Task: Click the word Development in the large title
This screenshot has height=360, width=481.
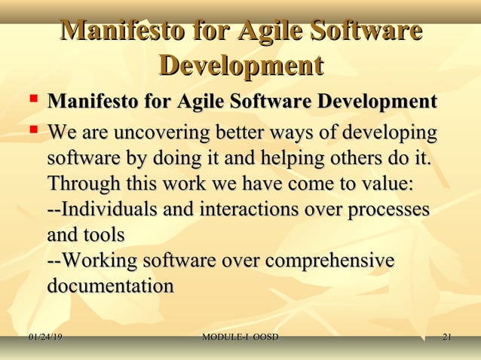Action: (x=241, y=66)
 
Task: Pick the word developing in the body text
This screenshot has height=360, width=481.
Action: (x=390, y=133)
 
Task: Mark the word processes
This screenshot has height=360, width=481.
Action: (x=388, y=210)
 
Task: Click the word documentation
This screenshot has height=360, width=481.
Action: (x=110, y=286)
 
